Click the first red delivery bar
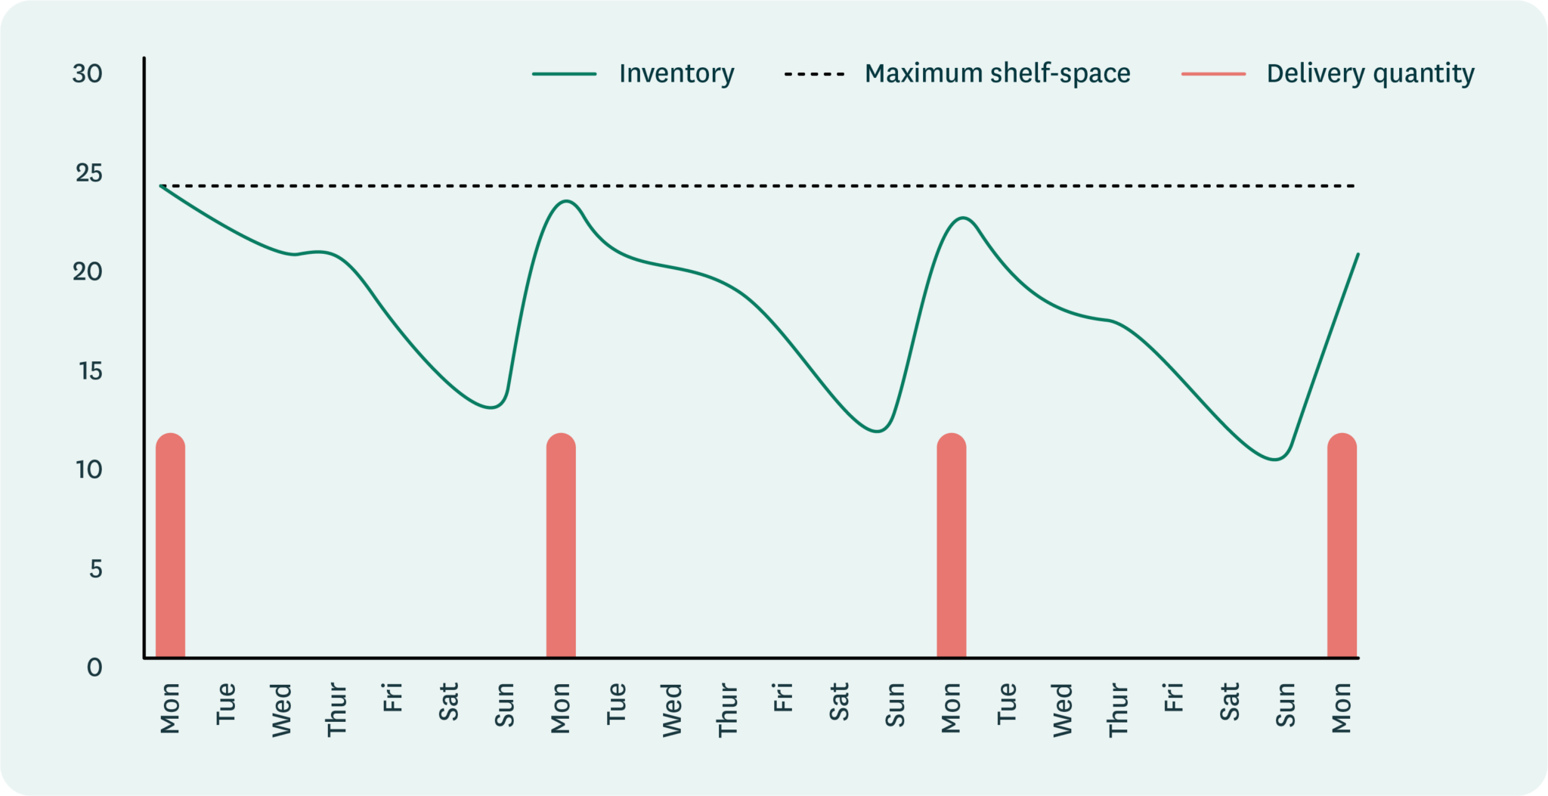tap(170, 544)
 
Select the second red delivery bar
tap(561, 544)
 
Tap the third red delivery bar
tap(951, 544)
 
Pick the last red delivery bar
tap(1342, 544)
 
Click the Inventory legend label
tap(676, 73)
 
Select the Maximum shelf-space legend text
tap(997, 73)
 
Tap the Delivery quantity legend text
tap(1370, 73)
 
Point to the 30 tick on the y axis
tap(88, 73)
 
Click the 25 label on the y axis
tap(88, 173)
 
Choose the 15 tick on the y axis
tap(89, 371)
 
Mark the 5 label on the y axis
tap(95, 568)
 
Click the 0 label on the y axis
tap(94, 667)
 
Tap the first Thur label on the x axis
tap(336, 709)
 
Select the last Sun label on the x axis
tap(1286, 705)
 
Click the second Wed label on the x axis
tap(672, 709)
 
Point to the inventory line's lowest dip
tap(1276, 459)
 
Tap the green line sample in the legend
tap(564, 73)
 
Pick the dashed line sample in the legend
tap(814, 73)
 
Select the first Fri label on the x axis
tap(392, 696)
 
